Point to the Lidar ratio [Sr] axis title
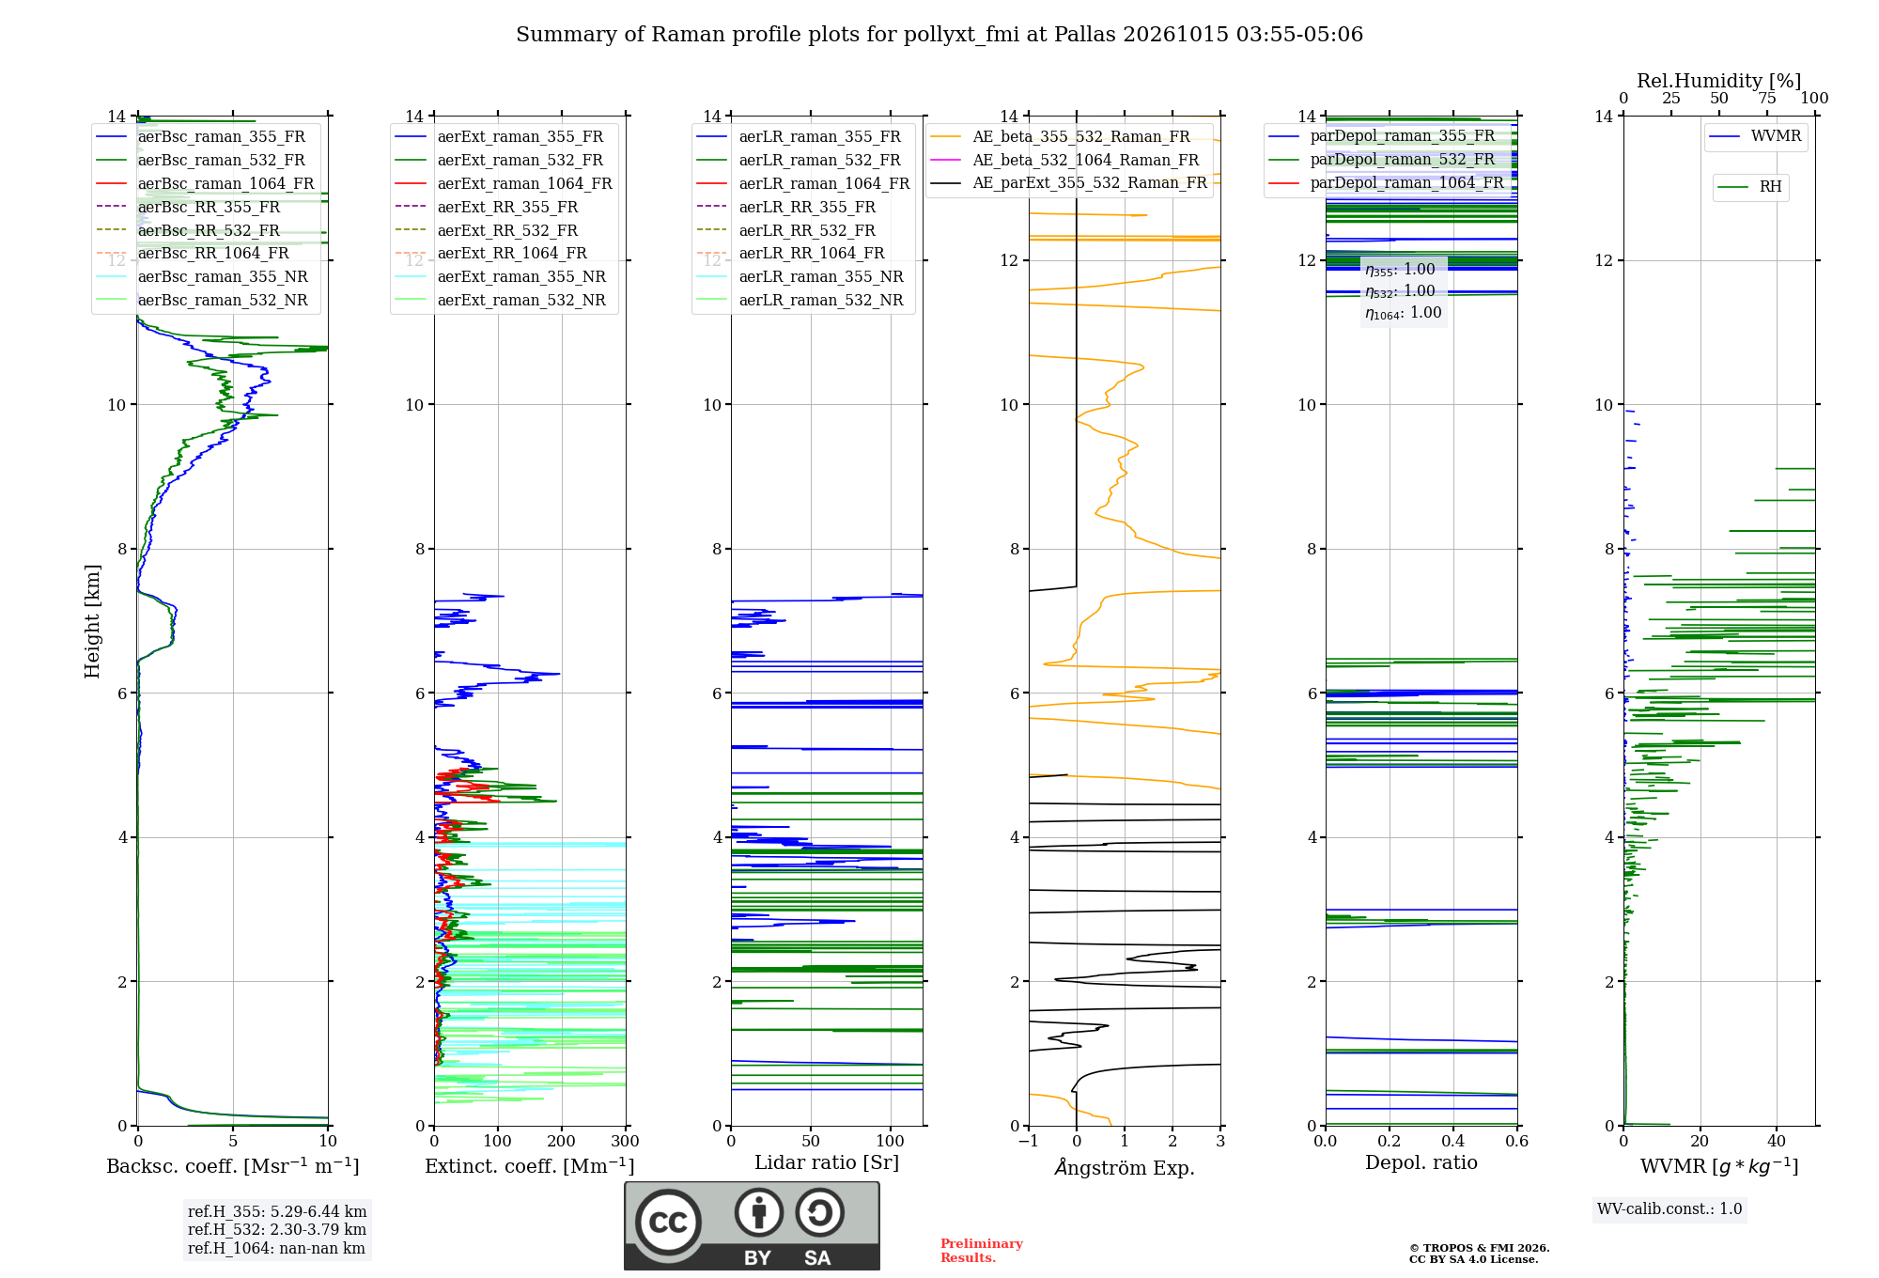coord(827,1162)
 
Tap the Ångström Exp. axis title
coord(1125,1167)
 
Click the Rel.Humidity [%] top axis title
coord(1719,81)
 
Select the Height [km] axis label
coord(92,621)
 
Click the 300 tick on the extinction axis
coord(626,1142)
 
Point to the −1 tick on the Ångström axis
coord(1029,1142)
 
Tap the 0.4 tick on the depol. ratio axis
coord(1453,1142)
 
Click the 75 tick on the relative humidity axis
coord(1767,98)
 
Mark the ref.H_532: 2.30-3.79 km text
coord(277,1229)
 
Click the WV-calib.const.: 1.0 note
coord(1669,1208)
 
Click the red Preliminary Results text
coord(982,1251)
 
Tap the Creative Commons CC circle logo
coord(668,1222)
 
